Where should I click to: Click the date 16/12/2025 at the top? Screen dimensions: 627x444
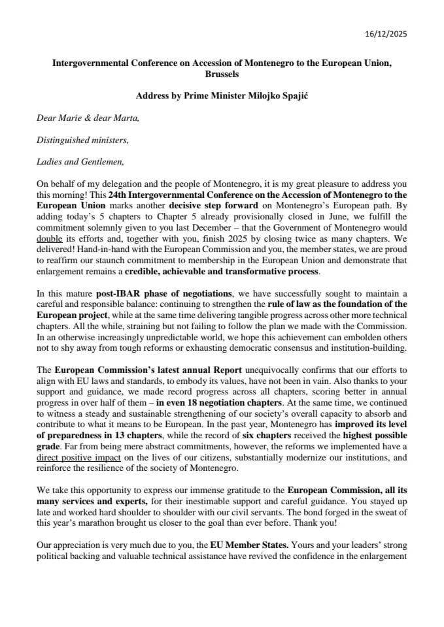(385, 34)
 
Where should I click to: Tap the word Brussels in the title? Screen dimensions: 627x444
(222, 74)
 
